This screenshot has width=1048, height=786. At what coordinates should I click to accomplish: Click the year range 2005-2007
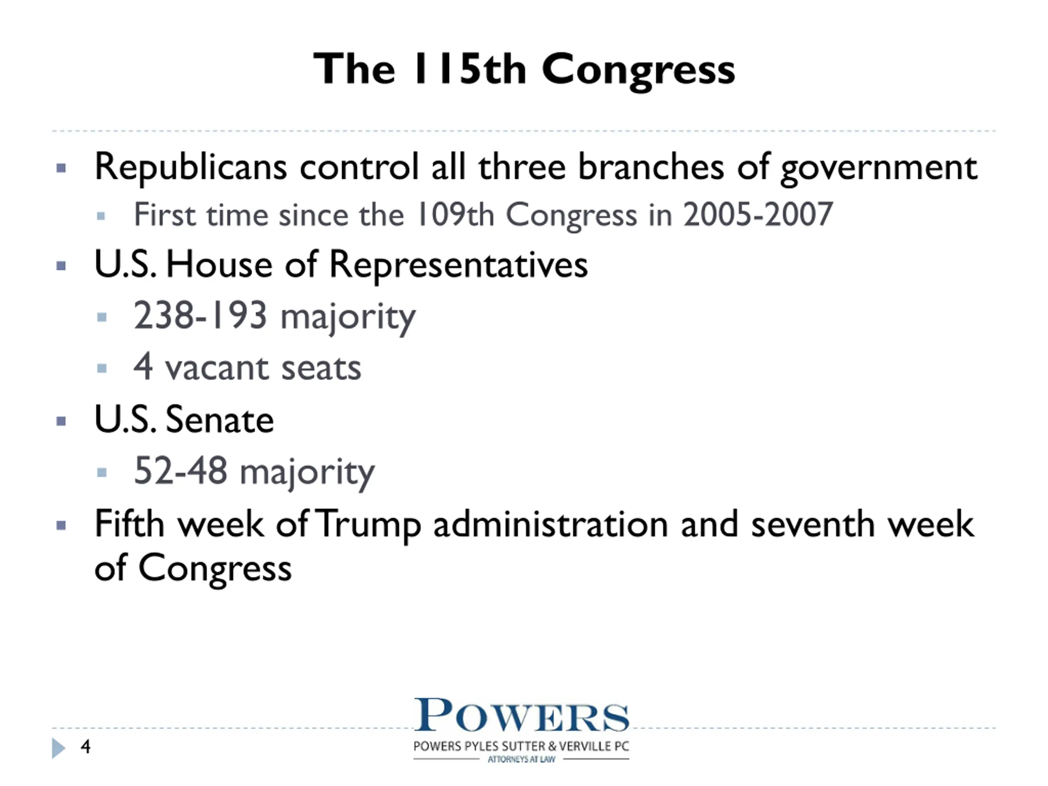758,214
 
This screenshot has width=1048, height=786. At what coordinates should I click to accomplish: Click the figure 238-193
201,315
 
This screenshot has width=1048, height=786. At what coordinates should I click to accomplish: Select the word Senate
220,420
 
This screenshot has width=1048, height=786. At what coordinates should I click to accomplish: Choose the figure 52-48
181,470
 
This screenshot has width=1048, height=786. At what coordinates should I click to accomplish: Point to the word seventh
813,524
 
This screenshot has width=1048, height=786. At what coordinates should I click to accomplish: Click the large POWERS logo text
522,715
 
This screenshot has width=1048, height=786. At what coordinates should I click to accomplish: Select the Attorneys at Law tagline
521,759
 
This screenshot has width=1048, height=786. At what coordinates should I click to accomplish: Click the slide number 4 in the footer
85,747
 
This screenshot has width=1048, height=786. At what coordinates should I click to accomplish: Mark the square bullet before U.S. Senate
61,421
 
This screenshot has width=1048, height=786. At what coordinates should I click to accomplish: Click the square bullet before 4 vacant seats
102,368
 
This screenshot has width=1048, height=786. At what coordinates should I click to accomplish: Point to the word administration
551,524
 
